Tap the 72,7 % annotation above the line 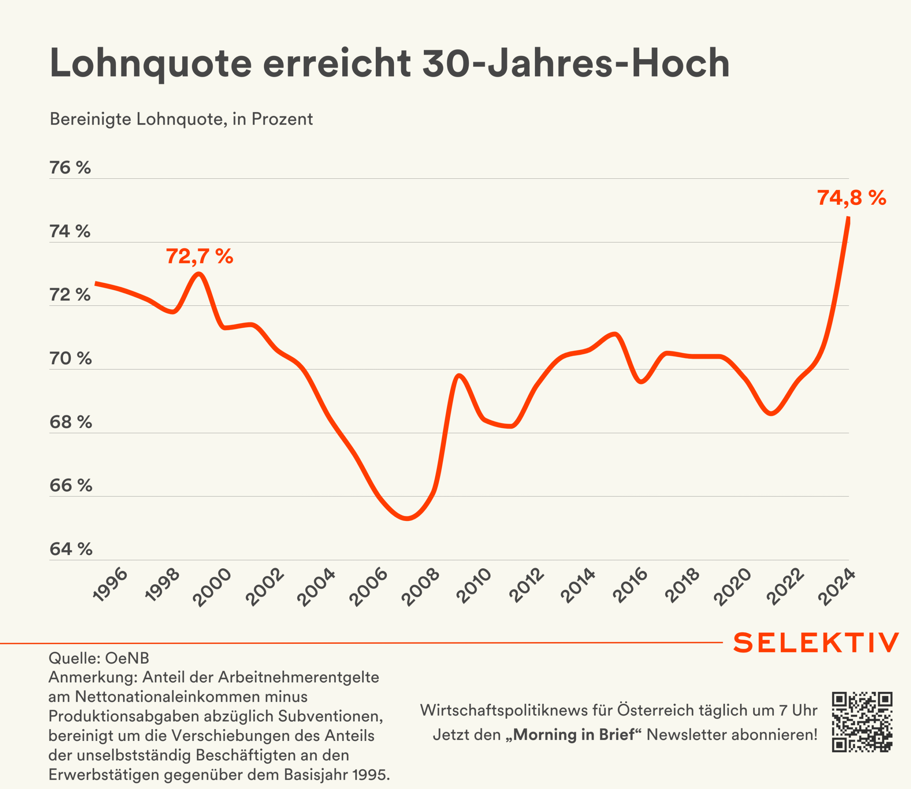click(x=199, y=256)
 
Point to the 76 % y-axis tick click(x=70, y=168)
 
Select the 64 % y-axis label click(x=71, y=549)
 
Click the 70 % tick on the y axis click(x=70, y=359)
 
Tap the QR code click(x=862, y=722)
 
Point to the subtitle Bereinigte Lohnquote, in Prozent click(x=181, y=119)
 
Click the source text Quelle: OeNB click(x=99, y=658)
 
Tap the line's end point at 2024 click(x=848, y=218)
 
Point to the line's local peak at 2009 click(x=459, y=376)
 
